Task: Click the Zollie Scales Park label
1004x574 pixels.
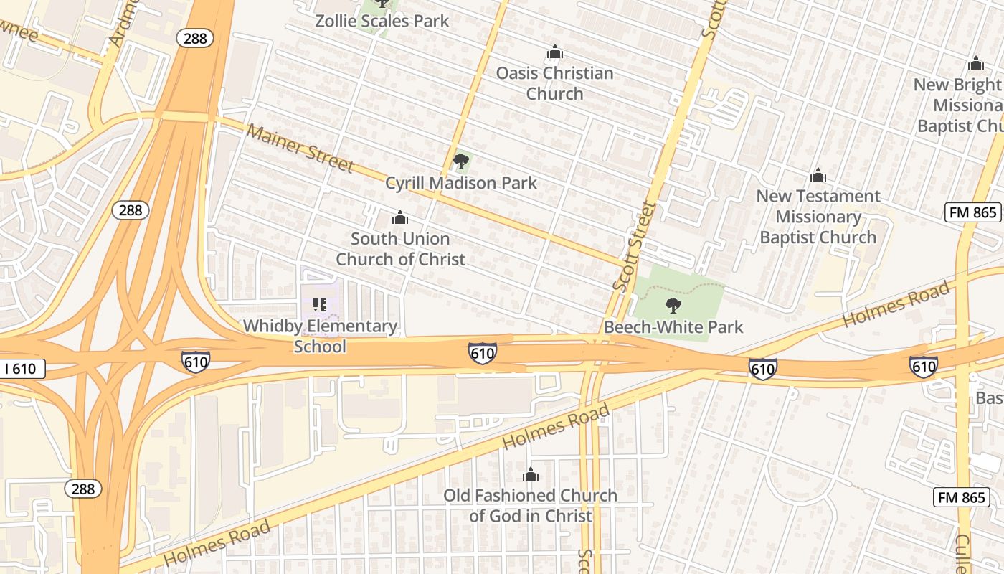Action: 382,21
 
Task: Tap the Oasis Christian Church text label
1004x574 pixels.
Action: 554,83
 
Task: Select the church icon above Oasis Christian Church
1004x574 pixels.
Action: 554,52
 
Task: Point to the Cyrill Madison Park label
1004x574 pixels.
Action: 461,183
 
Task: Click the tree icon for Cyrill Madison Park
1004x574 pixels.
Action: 460,161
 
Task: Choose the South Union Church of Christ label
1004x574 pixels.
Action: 400,249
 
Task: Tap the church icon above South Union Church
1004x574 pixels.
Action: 400,217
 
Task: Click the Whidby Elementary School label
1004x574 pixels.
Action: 320,336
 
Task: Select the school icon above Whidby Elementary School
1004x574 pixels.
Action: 320,305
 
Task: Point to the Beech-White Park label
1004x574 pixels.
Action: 673,327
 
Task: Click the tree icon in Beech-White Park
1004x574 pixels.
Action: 673,306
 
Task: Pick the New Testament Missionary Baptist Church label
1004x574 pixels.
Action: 818,217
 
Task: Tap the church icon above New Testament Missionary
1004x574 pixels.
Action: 818,176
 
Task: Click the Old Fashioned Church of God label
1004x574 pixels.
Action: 530,505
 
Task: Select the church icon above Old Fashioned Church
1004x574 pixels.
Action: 531,474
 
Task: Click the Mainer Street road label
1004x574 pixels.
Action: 300,149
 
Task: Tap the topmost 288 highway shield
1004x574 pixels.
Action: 195,39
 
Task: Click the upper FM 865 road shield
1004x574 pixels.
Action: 972,212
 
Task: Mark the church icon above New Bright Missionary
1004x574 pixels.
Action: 975,64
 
